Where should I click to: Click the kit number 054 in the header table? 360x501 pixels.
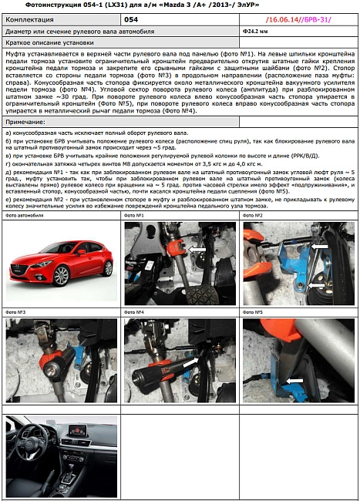coord(132,18)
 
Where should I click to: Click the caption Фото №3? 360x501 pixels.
coord(16,312)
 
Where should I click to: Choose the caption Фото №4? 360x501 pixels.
coord(135,312)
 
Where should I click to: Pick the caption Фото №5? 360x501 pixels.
coord(254,312)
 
